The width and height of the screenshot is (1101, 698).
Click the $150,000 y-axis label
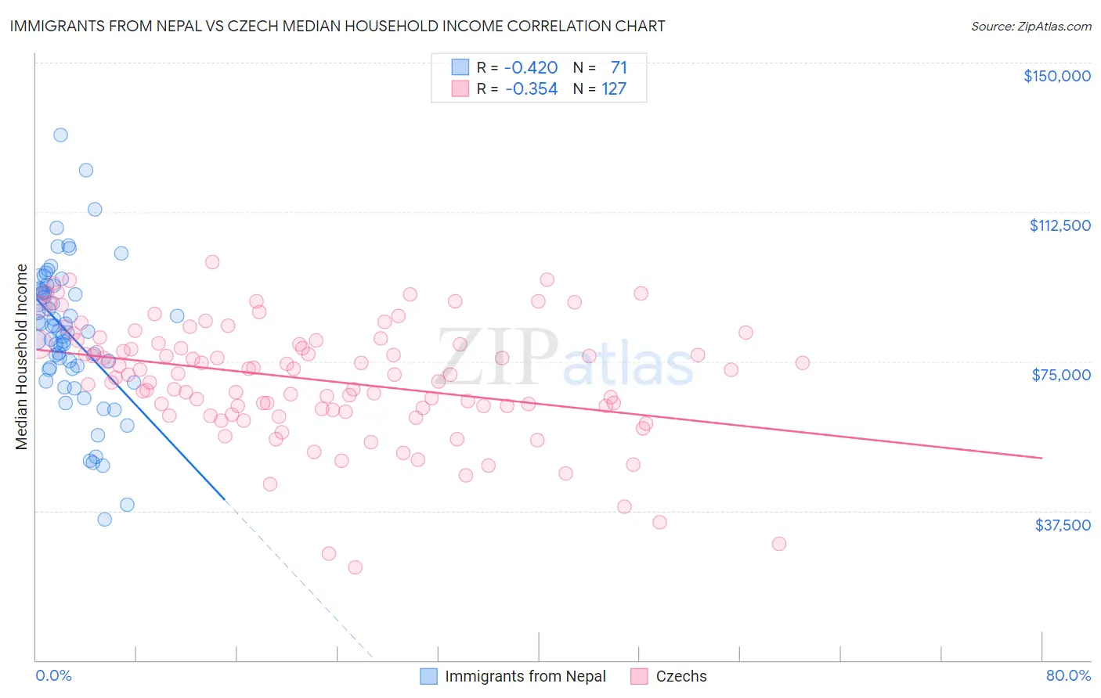tap(1056, 76)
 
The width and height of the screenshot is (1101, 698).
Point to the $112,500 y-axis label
tap(1059, 225)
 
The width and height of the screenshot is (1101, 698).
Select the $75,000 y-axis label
tap(1061, 375)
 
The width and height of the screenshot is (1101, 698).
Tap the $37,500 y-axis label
tap(1063, 525)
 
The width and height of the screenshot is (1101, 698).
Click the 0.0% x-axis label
tap(53, 675)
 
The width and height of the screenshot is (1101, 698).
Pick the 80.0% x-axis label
tap(1068, 675)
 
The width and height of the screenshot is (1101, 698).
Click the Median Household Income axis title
tap(21, 357)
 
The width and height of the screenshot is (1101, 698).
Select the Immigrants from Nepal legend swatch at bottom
tap(428, 676)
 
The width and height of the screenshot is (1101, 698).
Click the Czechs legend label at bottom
tap(680, 676)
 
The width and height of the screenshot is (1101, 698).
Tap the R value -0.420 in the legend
tap(531, 67)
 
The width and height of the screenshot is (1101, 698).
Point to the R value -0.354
tap(531, 88)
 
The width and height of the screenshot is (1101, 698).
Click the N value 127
tap(614, 88)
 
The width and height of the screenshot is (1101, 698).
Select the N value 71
tap(619, 67)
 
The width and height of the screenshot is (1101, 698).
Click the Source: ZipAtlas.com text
tap(1031, 26)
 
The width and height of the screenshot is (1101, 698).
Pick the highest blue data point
tap(60, 135)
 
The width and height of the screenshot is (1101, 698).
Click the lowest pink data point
tap(355, 567)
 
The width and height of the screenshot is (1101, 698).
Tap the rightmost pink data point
tap(802, 362)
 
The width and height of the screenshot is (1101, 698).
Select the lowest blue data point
tap(104, 519)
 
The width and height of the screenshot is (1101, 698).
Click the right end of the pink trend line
tap(1041, 458)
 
